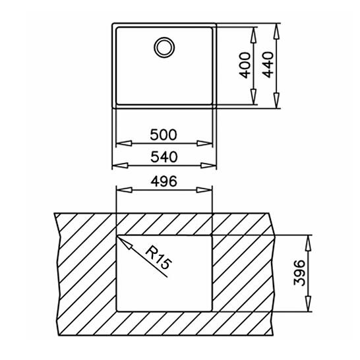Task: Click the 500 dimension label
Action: pos(164,135)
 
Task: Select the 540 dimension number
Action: pos(164,158)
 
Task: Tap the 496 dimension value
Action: pos(164,182)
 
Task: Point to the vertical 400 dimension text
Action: pos(246,65)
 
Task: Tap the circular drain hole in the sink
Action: pos(164,47)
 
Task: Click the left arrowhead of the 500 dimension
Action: pos(120,144)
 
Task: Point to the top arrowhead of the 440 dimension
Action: pos(277,29)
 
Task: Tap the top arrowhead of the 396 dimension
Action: pos(307,239)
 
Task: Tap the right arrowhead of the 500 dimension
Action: pos(209,144)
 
